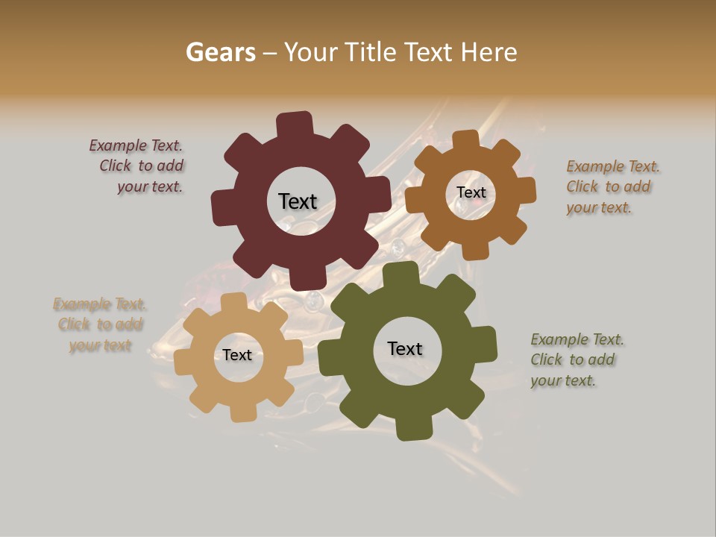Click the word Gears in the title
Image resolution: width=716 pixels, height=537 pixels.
(x=220, y=52)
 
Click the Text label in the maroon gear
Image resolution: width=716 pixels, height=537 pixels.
(x=298, y=201)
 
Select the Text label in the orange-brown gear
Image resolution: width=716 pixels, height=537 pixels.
(x=471, y=192)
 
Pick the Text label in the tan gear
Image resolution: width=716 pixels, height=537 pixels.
(x=237, y=355)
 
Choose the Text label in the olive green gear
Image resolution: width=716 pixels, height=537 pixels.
(x=405, y=348)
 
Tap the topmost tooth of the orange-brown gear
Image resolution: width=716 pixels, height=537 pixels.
(x=466, y=139)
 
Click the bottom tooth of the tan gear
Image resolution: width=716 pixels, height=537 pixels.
(x=242, y=412)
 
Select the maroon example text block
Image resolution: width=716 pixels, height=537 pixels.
(x=137, y=166)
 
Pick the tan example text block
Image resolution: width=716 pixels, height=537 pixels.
(x=99, y=324)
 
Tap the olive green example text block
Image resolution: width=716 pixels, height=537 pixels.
(x=576, y=359)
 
